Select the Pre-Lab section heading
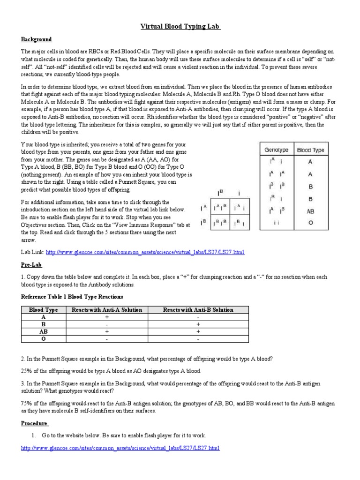coord(31,264)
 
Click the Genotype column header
coord(277,150)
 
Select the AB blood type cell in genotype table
coord(310,211)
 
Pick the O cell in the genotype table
coord(310,223)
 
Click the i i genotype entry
coord(277,223)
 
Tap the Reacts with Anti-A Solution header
coord(106,310)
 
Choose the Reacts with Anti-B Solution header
coord(198,310)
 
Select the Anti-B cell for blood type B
coord(198,324)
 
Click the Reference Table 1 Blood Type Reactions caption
coord(72,297)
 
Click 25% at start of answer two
coord(27,371)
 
